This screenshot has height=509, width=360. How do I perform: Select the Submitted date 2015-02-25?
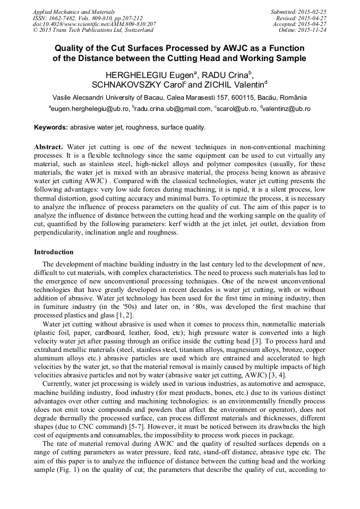(x=313, y=11)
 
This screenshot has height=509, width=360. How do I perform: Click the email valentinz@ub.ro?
(x=287, y=109)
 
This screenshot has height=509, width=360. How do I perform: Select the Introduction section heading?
(x=54, y=252)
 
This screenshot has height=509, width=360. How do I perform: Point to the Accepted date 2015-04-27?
(x=313, y=24)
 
